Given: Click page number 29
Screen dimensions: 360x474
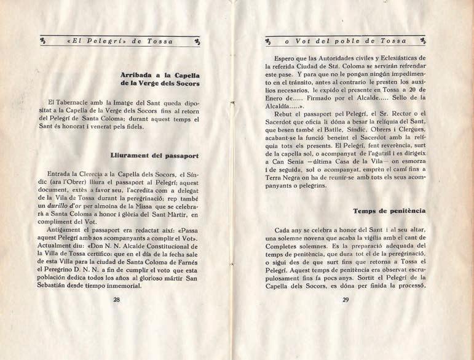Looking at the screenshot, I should [345, 300].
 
